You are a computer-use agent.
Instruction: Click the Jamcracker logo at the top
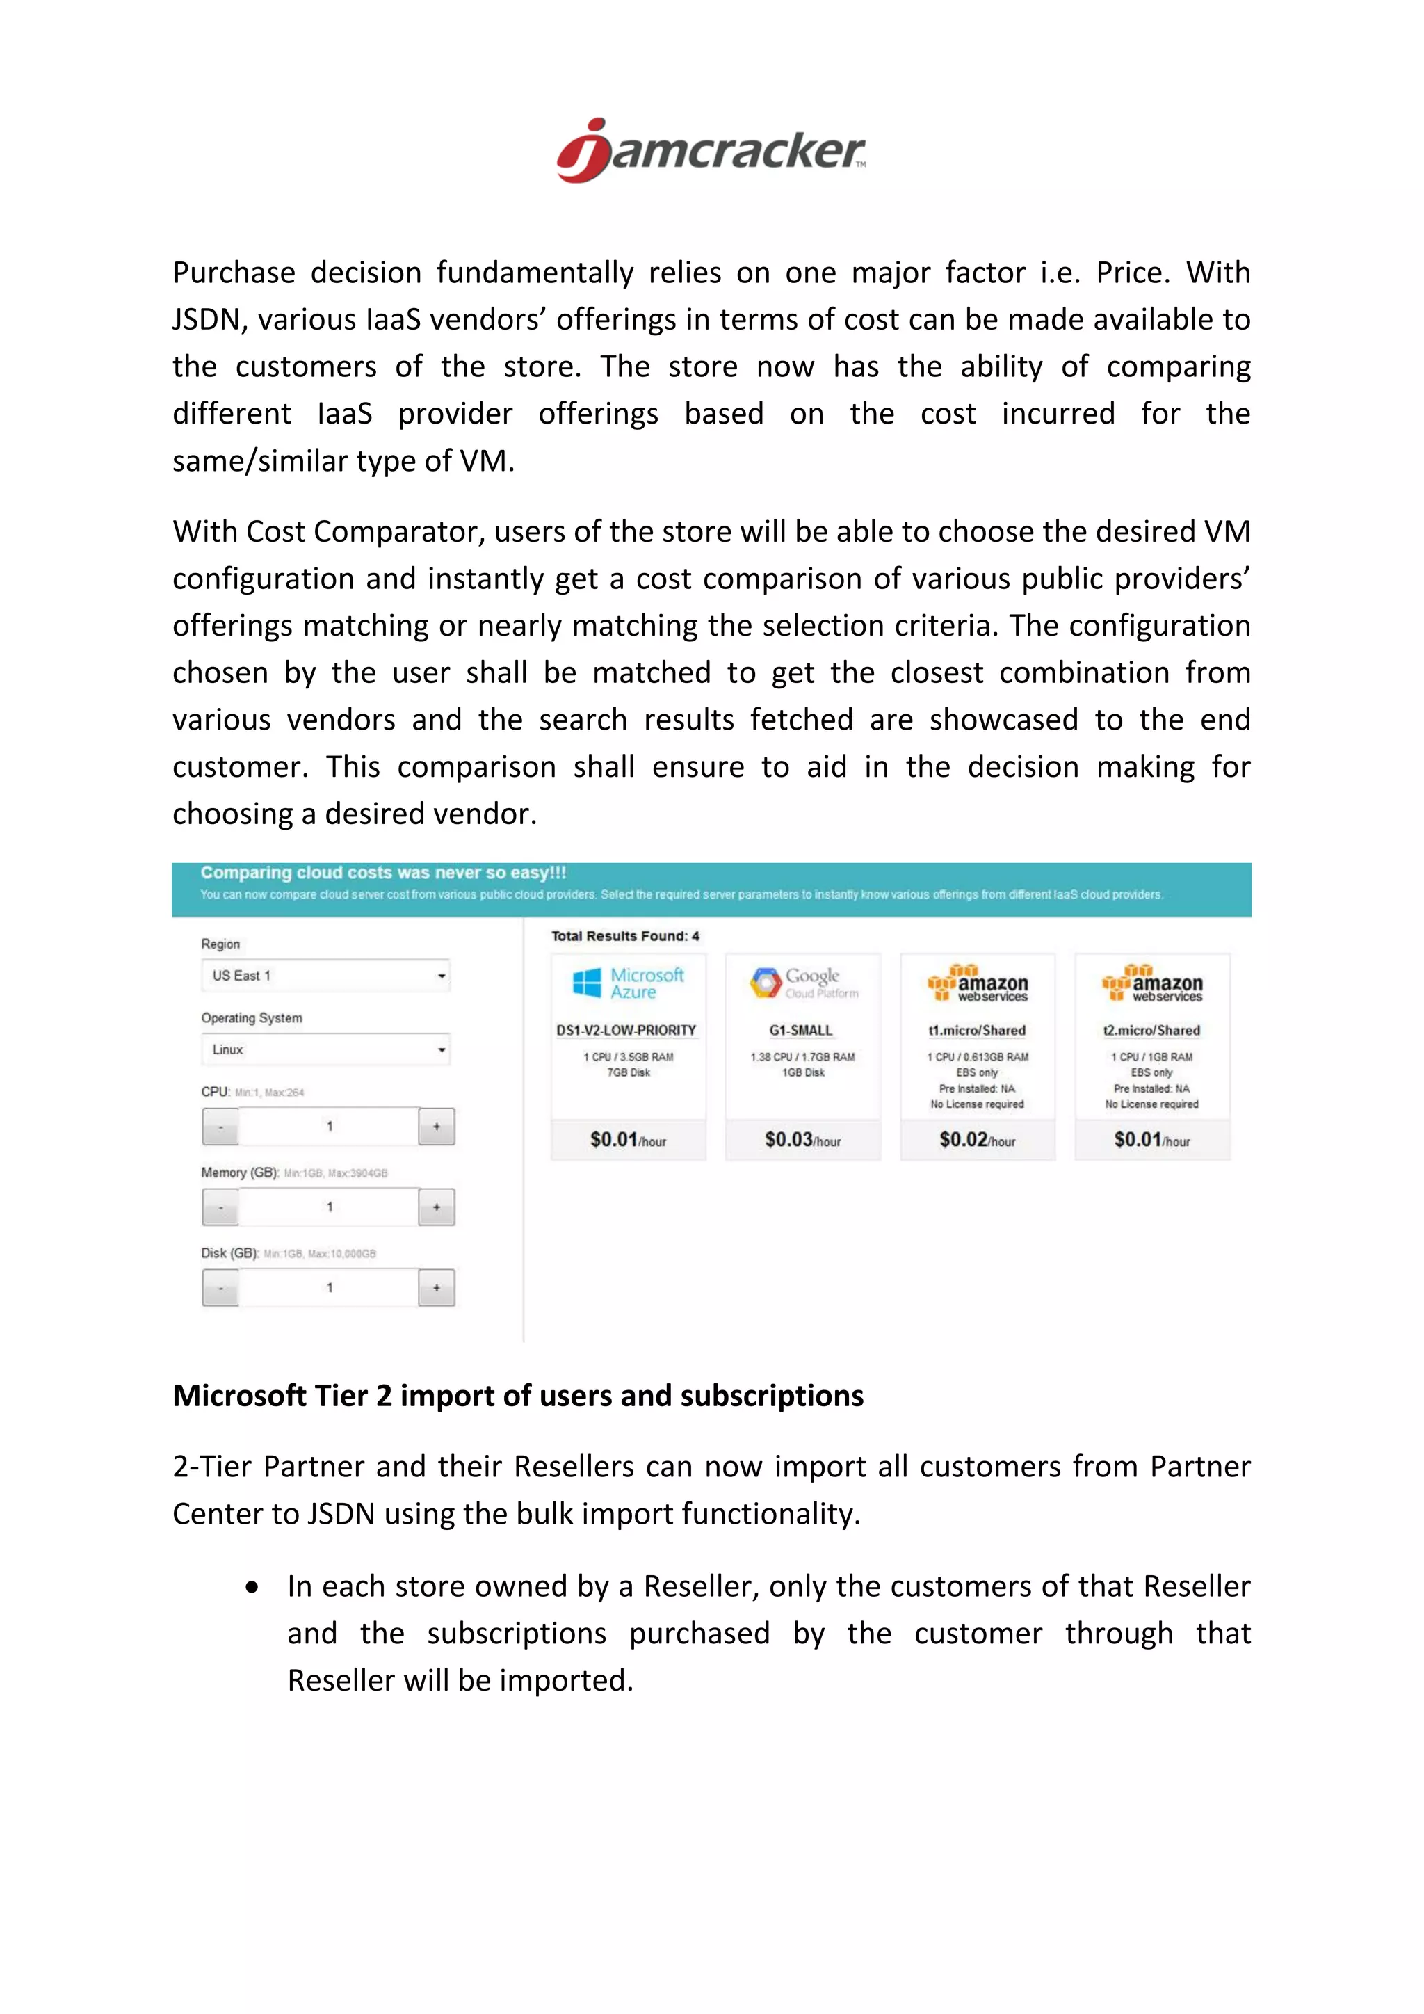tap(711, 151)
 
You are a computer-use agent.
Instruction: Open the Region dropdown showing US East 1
tap(326, 976)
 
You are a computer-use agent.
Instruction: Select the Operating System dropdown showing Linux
tap(326, 1049)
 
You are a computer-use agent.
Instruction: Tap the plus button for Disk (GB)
tap(436, 1288)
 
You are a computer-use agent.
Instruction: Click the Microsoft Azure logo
tap(628, 983)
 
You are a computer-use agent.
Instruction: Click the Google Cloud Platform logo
tap(803, 983)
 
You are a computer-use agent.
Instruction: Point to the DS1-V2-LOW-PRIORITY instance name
tap(626, 1030)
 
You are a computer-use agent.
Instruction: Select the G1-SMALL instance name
tap(800, 1030)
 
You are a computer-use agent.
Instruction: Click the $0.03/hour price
tap(802, 1139)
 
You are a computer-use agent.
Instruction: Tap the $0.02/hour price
tap(977, 1139)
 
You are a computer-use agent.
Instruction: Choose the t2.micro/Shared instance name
tap(1151, 1030)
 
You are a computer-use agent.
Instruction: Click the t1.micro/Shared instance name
tap(977, 1030)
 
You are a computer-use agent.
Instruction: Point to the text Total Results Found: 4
tap(625, 936)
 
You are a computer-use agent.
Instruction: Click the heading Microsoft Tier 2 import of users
tap(517, 1396)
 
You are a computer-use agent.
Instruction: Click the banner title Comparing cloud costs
tap(383, 873)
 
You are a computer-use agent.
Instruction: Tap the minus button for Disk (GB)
tap(221, 1288)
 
